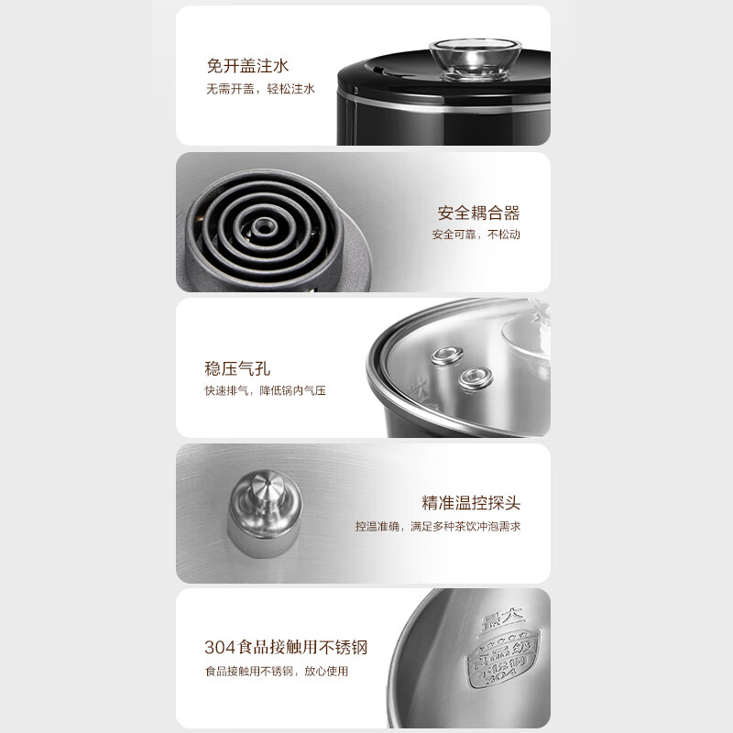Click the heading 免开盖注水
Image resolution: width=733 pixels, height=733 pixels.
(247, 67)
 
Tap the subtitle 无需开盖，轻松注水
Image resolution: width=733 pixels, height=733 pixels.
(260, 90)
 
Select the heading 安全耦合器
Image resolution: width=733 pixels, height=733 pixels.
(478, 213)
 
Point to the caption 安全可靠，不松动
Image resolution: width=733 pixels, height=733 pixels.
(476, 235)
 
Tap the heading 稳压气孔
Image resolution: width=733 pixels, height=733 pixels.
(237, 368)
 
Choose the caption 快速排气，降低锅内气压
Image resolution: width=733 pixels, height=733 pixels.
(265, 391)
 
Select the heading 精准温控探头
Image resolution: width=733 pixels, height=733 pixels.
(471, 503)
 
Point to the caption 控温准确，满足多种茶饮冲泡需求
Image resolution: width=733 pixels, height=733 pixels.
(439, 527)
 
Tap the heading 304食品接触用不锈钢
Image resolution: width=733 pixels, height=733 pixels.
(286, 648)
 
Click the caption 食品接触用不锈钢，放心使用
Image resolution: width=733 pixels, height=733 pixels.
(276, 672)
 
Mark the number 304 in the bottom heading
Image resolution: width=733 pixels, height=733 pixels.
(219, 648)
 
